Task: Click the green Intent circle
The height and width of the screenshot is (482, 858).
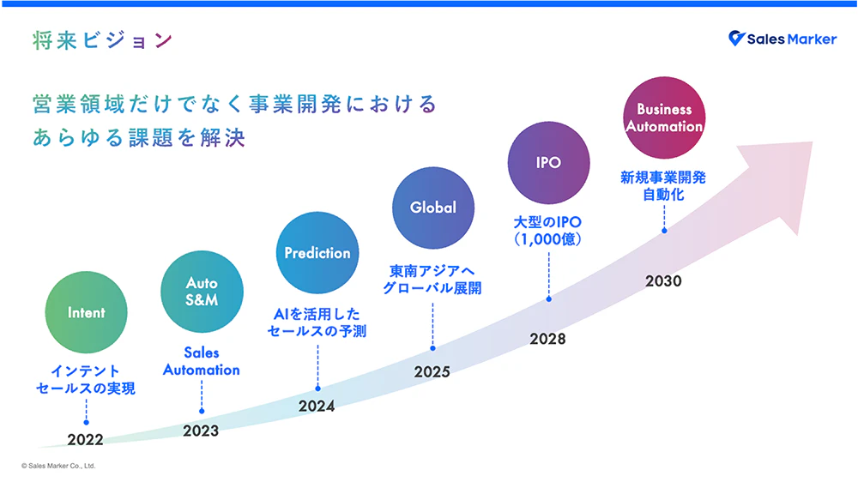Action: [x=86, y=312]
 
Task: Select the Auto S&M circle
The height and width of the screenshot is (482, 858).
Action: [x=202, y=292]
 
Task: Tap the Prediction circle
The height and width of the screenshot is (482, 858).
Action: [x=317, y=253]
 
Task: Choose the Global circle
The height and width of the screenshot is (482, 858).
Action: [x=432, y=208]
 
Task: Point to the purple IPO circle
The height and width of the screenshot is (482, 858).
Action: [x=548, y=162]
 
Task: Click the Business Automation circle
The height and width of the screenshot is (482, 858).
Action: [x=664, y=117]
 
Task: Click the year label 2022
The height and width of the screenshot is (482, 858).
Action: [x=85, y=439]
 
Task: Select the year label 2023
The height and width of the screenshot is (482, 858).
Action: [x=201, y=431]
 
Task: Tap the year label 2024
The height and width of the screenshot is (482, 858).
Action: [x=317, y=406]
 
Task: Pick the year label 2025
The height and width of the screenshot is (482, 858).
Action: [x=432, y=372]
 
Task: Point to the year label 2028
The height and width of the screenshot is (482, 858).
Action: [x=547, y=339]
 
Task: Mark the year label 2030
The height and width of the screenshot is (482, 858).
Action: [x=663, y=280]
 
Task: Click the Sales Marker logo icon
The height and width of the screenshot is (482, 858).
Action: [x=736, y=38]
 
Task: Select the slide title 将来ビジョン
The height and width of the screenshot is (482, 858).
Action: [x=103, y=40]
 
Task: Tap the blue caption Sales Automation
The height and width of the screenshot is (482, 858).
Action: [x=202, y=361]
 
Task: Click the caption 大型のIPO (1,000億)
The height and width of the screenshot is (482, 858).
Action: [x=547, y=231]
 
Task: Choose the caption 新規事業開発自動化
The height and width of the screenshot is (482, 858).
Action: [x=663, y=186]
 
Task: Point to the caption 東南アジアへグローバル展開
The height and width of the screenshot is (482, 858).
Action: [x=432, y=280]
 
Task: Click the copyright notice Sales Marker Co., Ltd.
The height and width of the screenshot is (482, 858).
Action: [x=58, y=466]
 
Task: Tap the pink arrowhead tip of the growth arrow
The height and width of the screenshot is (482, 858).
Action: [x=812, y=142]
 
